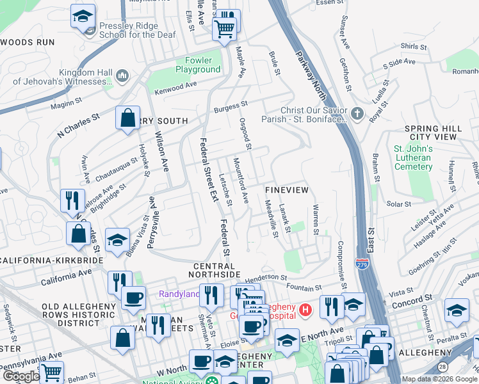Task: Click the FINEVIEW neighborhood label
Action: pos(287,191)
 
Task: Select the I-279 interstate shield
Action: pos(362,263)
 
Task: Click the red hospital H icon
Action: pos(305,311)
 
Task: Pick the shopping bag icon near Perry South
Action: pos(127,118)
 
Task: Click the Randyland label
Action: pos(179,294)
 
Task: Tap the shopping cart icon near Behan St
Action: pos(51,371)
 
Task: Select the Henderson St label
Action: pos(264,277)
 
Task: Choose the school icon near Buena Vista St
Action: pos(117,241)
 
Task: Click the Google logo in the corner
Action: pos(20,376)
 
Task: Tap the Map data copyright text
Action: pos(439,379)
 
